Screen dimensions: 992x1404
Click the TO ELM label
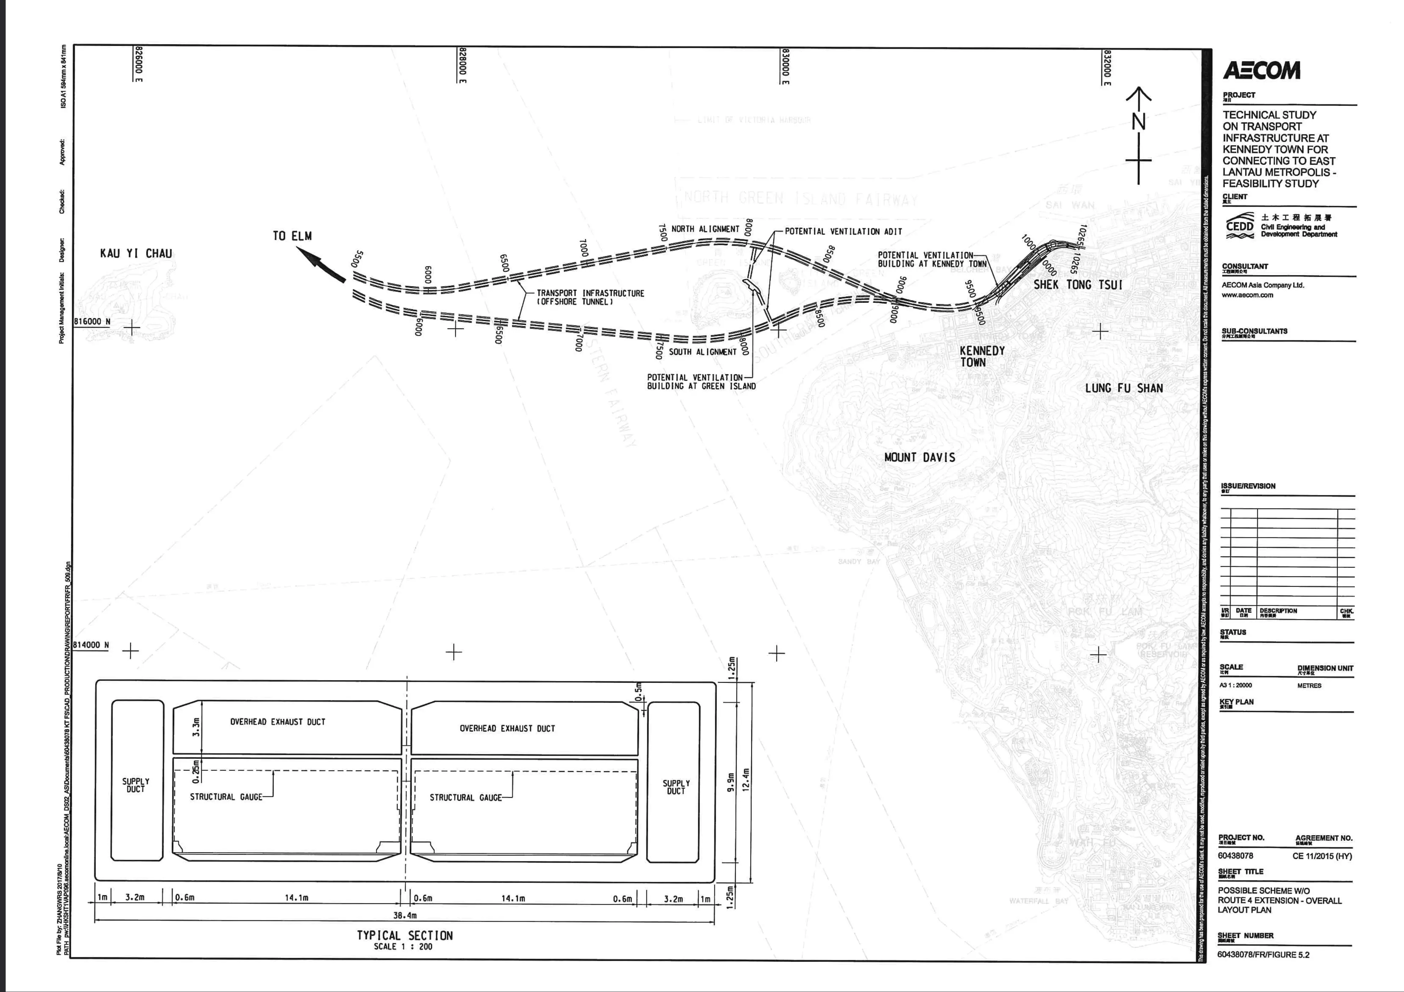point(292,236)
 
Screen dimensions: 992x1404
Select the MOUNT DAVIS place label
point(919,457)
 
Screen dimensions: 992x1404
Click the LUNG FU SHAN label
point(1124,388)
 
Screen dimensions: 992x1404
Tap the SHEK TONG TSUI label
point(1078,285)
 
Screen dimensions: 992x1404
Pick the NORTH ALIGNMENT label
point(705,229)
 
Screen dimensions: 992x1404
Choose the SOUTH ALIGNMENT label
point(703,352)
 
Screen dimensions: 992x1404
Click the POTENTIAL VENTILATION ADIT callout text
point(843,232)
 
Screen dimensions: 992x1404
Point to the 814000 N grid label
point(91,645)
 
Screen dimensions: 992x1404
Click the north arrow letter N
point(1138,122)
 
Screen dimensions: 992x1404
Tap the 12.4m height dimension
point(746,780)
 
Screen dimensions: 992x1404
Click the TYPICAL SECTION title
point(405,935)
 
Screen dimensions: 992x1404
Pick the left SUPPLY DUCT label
point(136,785)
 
